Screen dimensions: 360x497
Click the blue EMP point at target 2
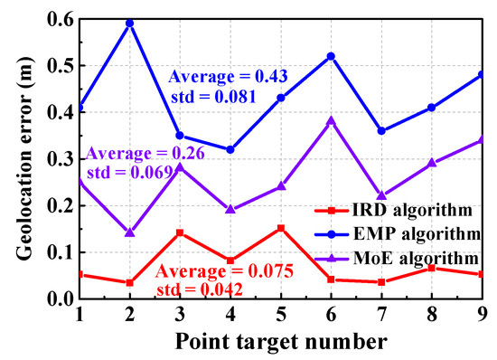coord(130,23)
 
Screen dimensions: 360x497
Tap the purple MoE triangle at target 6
coord(332,120)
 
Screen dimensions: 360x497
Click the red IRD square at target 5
coord(281,228)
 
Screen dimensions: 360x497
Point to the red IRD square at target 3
coord(181,232)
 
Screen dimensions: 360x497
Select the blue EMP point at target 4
coord(230,149)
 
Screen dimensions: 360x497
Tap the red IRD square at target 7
coord(382,282)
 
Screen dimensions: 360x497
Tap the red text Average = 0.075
coord(212,270)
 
